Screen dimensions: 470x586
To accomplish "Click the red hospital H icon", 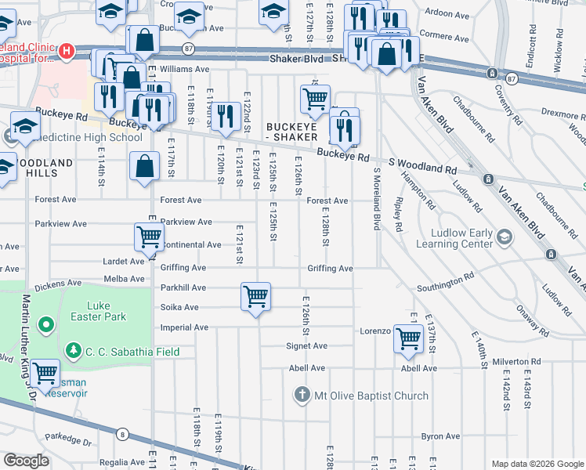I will (67, 52).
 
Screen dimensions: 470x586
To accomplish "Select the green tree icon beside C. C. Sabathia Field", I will (73, 350).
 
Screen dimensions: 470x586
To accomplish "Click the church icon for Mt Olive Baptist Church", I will (302, 395).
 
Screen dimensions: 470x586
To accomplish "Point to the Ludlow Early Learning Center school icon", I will (505, 236).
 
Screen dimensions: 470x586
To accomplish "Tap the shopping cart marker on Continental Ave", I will (149, 236).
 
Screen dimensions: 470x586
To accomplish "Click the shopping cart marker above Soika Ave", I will (255, 297).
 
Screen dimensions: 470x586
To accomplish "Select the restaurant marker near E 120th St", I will (226, 116).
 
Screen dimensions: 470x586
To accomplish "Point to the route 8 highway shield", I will (122, 433).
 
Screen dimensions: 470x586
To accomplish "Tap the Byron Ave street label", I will (440, 436).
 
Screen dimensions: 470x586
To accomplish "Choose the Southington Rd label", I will (446, 277).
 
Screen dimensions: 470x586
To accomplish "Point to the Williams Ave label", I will (184, 69).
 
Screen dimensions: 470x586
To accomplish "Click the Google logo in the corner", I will (26, 461).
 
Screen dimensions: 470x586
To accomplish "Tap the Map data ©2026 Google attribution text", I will (537, 464).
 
